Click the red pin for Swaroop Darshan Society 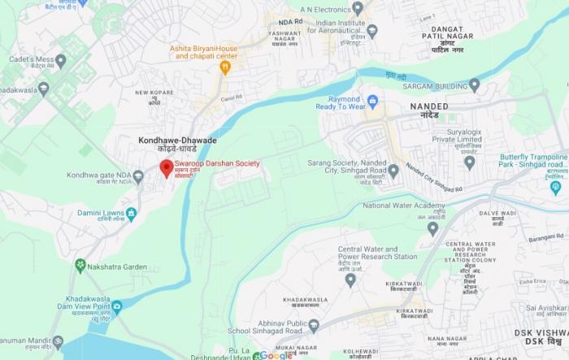tap(166, 168)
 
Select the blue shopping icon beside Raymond tap(373, 102)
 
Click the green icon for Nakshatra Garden tap(80, 266)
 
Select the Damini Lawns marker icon tap(132, 213)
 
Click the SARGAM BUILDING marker tap(475, 84)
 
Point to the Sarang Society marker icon tap(393, 171)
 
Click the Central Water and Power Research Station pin tap(350, 280)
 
